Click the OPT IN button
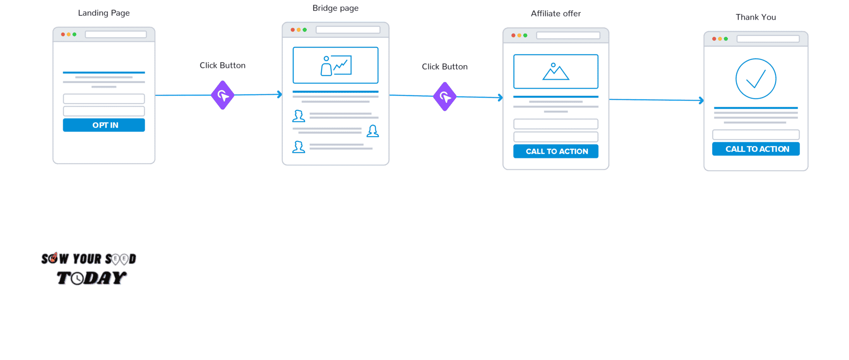pyautogui.click(x=104, y=125)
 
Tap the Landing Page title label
pyautogui.click(x=104, y=13)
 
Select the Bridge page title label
pyautogui.click(x=335, y=8)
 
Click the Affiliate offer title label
pyautogui.click(x=556, y=14)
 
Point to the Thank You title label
pyautogui.click(x=756, y=17)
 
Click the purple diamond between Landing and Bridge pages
pyautogui.click(x=223, y=95)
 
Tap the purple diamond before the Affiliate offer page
pyautogui.click(x=445, y=97)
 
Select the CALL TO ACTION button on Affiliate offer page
pyautogui.click(x=556, y=151)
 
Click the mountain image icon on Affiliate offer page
pyautogui.click(x=556, y=72)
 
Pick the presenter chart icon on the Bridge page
pyautogui.click(x=336, y=66)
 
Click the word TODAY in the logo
pyautogui.click(x=92, y=278)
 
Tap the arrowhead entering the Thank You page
pyautogui.click(x=701, y=100)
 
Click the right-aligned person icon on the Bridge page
pyautogui.click(x=373, y=131)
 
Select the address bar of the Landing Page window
pyautogui.click(x=116, y=34)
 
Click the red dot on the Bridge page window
pyautogui.click(x=293, y=30)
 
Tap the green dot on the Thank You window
pyautogui.click(x=726, y=39)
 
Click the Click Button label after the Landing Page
pyautogui.click(x=223, y=66)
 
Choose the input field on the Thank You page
pyautogui.click(x=756, y=135)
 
